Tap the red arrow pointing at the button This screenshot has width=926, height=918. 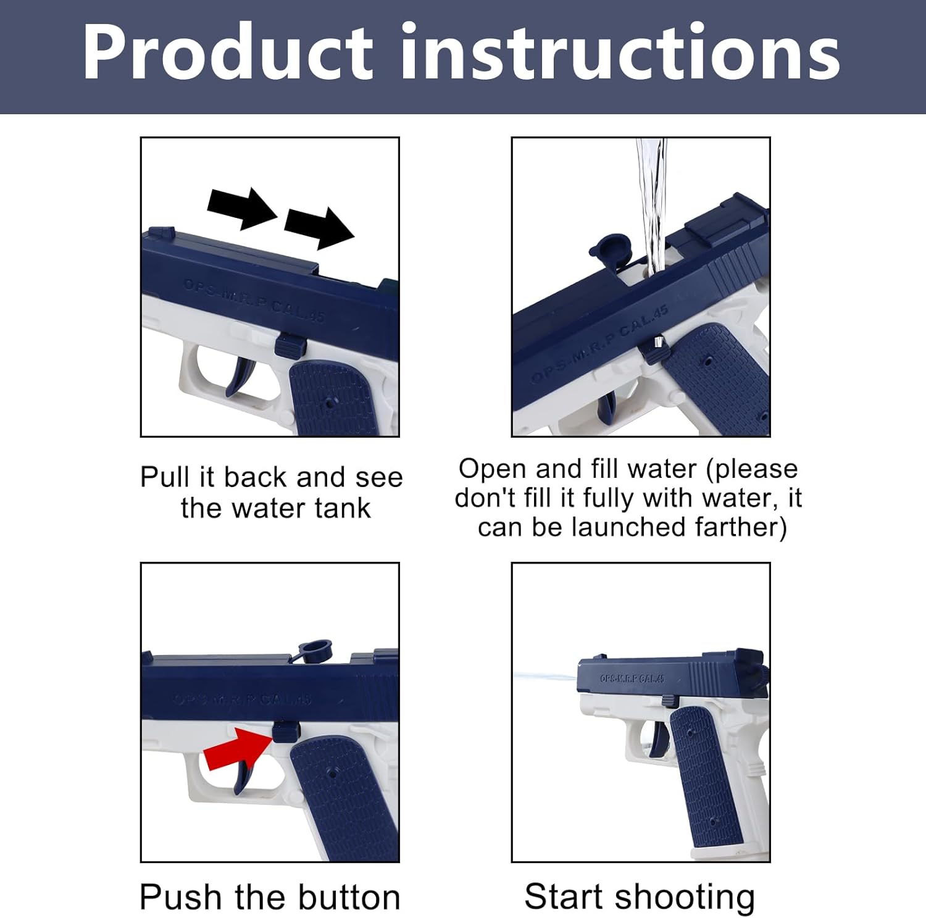[238, 749]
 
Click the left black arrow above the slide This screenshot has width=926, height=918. [242, 207]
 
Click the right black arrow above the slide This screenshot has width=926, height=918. [319, 227]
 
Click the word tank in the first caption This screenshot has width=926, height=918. [341, 509]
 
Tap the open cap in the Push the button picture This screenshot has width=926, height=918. [313, 651]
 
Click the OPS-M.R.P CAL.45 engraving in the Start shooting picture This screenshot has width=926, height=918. [632, 678]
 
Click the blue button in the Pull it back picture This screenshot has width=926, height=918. [290, 345]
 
